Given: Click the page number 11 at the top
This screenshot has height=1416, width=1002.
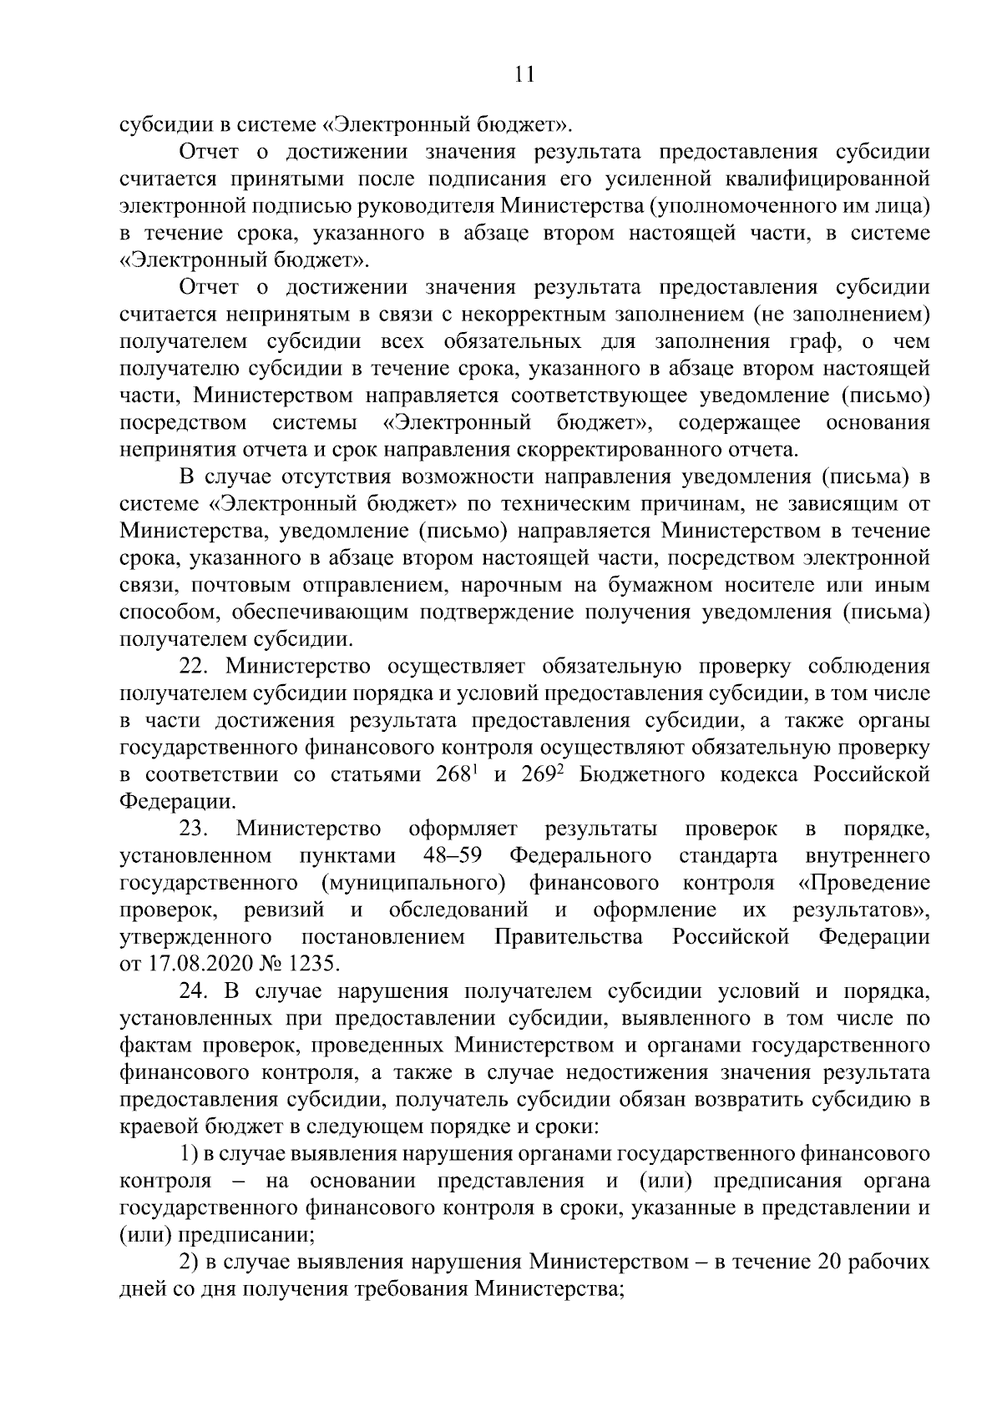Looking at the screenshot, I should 524,75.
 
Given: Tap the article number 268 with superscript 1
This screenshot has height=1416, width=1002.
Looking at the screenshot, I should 457,774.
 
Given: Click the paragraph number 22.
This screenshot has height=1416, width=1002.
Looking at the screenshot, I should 197,666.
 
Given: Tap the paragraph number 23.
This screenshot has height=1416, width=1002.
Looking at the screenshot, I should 197,829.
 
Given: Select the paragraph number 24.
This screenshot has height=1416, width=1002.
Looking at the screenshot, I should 197,991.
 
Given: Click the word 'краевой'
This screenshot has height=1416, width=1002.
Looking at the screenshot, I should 154,1127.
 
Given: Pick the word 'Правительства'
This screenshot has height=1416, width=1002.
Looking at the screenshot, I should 569,937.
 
